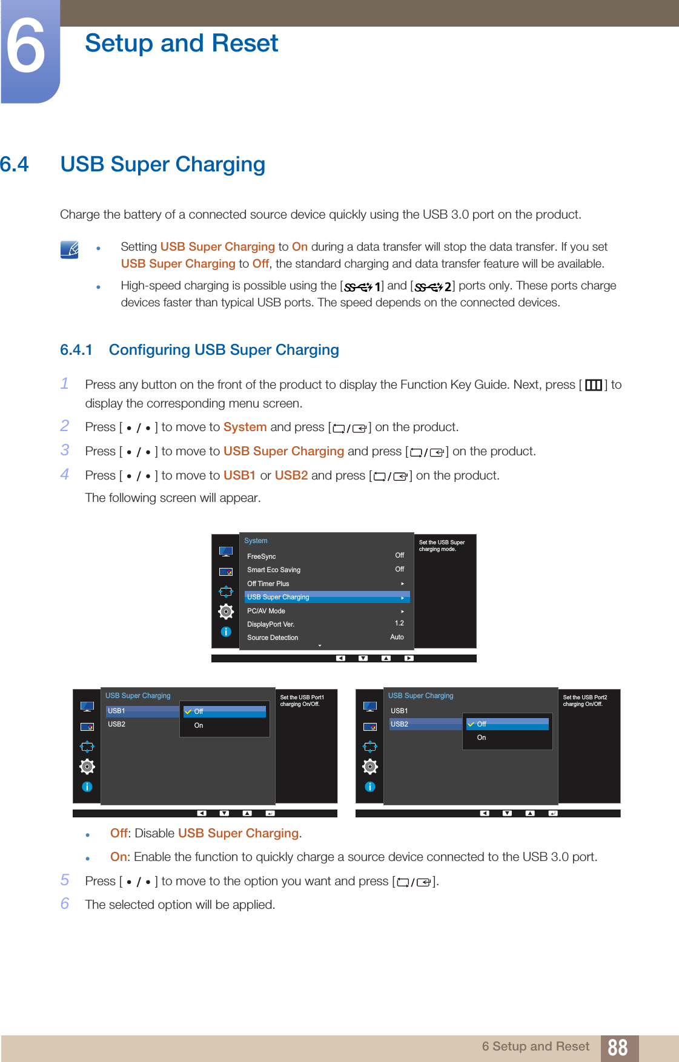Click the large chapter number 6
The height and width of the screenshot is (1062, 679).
[x=26, y=47]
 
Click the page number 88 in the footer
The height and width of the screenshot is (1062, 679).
[x=617, y=1047]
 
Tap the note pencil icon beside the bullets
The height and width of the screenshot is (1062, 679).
[x=70, y=249]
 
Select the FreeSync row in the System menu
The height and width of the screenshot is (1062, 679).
[x=262, y=556]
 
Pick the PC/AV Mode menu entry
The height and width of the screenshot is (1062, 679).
[x=266, y=611]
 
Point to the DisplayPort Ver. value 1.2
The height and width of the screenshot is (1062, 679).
[x=399, y=623]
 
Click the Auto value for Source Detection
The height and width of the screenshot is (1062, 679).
[x=397, y=637]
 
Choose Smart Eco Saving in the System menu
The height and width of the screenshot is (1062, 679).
[x=274, y=570]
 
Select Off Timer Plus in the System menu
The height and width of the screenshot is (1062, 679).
[x=268, y=584]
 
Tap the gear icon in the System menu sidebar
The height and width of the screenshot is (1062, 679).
[x=226, y=612]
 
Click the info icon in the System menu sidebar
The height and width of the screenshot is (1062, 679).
[x=226, y=632]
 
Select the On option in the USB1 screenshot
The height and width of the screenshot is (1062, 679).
[x=199, y=725]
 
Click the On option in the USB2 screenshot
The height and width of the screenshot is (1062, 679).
[x=482, y=737]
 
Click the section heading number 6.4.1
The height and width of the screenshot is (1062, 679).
[x=76, y=350]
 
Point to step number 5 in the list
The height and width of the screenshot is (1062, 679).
[x=65, y=880]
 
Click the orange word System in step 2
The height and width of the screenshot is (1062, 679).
[x=245, y=427]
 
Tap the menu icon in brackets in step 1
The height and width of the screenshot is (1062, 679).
[x=594, y=385]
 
